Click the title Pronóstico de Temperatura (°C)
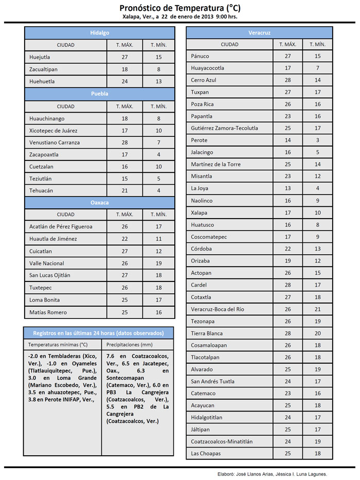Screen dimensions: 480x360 coord(179,8)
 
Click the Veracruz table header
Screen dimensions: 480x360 coord(259,33)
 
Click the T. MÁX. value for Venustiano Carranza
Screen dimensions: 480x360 coord(124,143)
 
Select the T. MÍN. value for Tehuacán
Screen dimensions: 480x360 coord(158,191)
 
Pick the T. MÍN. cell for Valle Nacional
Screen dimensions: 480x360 coord(158,263)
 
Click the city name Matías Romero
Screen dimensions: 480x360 coord(48,312)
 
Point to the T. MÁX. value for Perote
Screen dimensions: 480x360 coord(287,140)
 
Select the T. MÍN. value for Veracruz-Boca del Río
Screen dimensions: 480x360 coord(317,309)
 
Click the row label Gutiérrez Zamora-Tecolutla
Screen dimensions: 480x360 coord(224,128)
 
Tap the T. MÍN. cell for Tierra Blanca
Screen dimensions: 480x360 coord(317,333)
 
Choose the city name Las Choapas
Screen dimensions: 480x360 coord(205,454)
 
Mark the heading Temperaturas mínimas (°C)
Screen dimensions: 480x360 coord(58,345)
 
